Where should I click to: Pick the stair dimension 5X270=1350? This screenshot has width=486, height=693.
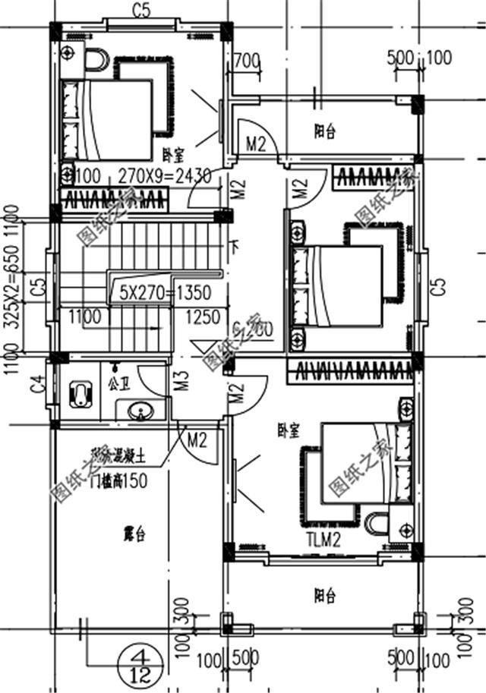click(165, 292)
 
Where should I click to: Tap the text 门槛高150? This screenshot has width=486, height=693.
click(118, 480)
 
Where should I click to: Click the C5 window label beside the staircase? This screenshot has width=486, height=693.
click(35, 288)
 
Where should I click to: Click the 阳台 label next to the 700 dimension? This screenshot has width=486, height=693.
click(324, 131)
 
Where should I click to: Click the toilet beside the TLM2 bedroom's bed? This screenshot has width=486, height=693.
click(375, 524)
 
